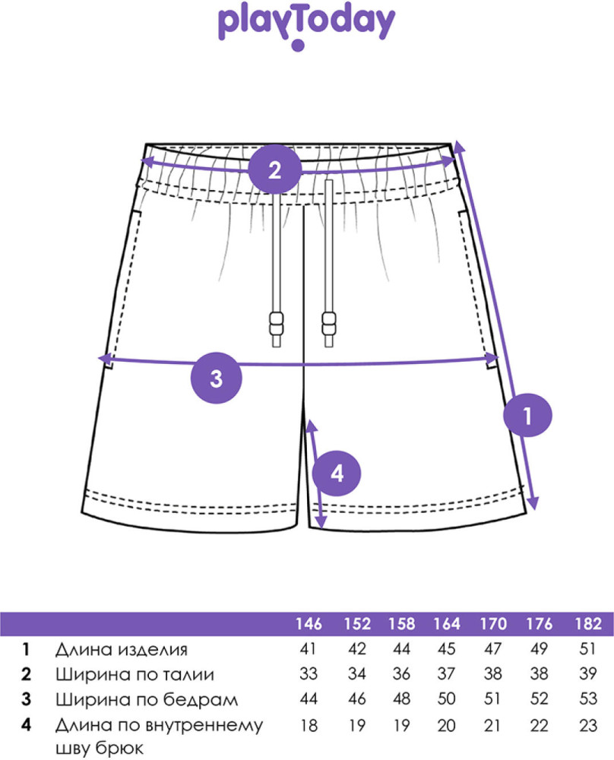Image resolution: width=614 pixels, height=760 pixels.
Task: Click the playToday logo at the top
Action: (x=306, y=26)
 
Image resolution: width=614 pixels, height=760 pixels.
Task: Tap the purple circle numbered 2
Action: (x=275, y=170)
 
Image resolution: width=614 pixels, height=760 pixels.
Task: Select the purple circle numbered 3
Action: (x=216, y=378)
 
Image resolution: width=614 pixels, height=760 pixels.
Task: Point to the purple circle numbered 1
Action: (x=527, y=416)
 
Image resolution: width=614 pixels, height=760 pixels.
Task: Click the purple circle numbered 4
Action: (x=337, y=473)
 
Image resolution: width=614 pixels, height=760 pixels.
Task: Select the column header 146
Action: (x=309, y=623)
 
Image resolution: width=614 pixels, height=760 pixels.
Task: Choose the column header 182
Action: (x=588, y=623)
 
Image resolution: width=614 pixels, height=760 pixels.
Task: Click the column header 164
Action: (x=447, y=623)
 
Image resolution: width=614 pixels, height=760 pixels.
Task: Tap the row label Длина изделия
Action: (x=121, y=650)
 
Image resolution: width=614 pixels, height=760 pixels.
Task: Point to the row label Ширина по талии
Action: (x=135, y=674)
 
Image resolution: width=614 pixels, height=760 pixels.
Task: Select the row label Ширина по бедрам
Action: (x=147, y=699)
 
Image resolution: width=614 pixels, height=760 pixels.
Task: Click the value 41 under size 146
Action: (x=308, y=648)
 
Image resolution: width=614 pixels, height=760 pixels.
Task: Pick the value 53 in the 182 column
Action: (x=588, y=699)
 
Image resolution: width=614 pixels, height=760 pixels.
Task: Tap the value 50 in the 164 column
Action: (x=446, y=699)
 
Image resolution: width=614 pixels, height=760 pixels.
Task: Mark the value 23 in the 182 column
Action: (x=588, y=726)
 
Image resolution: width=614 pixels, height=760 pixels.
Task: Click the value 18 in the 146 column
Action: (x=309, y=726)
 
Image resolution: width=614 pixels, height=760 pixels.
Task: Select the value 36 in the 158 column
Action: (x=401, y=673)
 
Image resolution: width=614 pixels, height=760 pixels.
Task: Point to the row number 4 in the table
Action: (x=26, y=725)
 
